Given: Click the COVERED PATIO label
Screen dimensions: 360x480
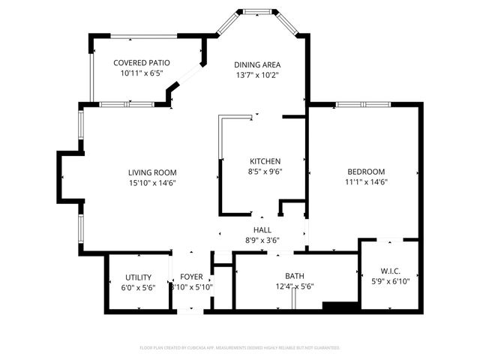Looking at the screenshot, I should tap(142, 63).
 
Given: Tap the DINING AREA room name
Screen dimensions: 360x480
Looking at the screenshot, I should tap(257, 64).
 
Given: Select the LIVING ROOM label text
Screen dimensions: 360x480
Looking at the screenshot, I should tap(152, 172).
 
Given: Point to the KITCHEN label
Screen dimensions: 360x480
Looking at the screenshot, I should tap(265, 161).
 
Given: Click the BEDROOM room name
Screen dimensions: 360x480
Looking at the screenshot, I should tap(366, 171).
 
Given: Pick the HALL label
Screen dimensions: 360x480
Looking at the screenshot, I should tap(262, 230).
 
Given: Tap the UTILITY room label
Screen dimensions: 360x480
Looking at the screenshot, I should tap(138, 277).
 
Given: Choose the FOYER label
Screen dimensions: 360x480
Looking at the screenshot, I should tap(192, 277).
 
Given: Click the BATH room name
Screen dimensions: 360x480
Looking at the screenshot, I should tap(294, 277).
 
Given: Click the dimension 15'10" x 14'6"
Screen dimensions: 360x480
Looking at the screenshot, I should tap(152, 182).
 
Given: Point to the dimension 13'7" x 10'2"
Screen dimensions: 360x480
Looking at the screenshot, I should tap(257, 74).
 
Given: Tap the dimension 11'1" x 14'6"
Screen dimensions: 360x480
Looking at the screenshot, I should tap(366, 181).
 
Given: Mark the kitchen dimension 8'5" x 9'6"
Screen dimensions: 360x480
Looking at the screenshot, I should tap(265, 171).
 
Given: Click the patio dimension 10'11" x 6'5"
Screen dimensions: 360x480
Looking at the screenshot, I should tap(142, 73).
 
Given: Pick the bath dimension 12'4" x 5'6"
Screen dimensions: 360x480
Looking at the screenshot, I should tap(294, 286).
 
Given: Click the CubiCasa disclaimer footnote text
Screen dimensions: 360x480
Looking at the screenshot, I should tap(240, 348).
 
